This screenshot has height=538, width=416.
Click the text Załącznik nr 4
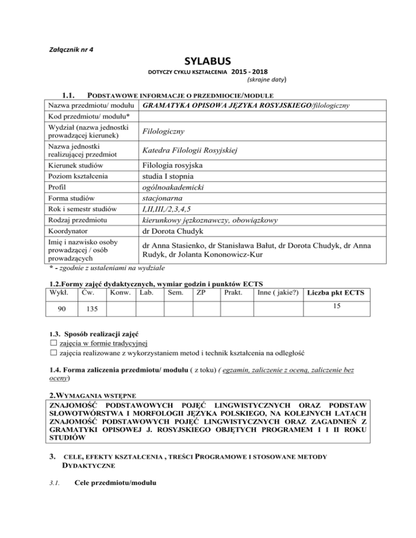pos(66,49)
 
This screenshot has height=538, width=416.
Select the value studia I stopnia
pos(169,176)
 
